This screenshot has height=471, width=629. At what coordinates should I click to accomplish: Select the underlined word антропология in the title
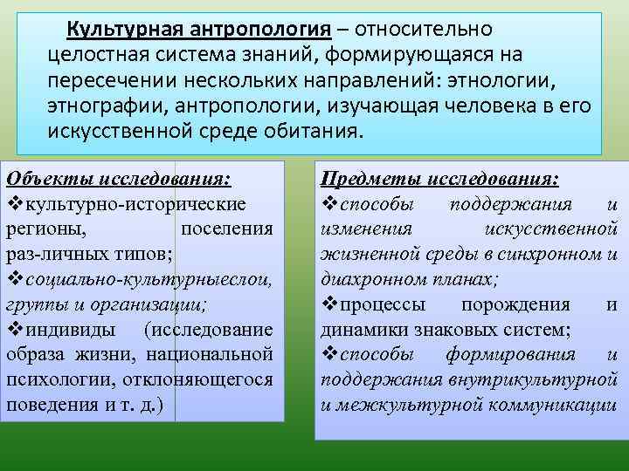coord(257,31)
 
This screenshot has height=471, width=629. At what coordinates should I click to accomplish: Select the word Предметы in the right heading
coord(368,179)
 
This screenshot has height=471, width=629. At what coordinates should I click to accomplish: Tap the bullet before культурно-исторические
coord(12,204)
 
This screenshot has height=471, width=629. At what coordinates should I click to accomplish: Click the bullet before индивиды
coord(12,331)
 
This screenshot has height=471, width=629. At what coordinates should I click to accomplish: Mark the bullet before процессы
coord(328,305)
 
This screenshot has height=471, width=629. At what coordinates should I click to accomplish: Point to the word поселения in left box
coord(225,229)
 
